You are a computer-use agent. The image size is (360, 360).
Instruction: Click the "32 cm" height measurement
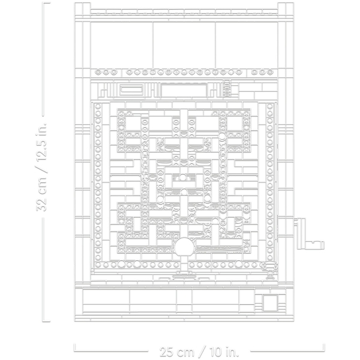pyautogui.click(x=41, y=194)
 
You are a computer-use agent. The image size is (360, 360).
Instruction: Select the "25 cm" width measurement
pyautogui.click(x=176, y=352)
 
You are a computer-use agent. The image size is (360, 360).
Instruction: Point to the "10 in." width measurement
pyautogui.click(x=224, y=352)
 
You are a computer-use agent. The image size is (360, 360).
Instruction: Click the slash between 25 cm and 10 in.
pyautogui.click(x=201, y=352)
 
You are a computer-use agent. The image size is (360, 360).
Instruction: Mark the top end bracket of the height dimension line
pyautogui.click(x=46, y=3)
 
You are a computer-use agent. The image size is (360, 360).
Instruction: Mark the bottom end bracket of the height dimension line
pyautogui.click(x=46, y=321)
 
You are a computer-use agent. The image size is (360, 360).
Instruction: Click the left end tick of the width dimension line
pyautogui.click(x=74, y=347)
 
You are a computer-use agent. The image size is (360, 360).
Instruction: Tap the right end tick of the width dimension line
pyautogui.click(x=323, y=347)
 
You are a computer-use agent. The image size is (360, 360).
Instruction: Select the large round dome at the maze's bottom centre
pyautogui.click(x=184, y=247)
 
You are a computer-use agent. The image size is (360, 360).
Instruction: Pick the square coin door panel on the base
pyautogui.click(x=270, y=303)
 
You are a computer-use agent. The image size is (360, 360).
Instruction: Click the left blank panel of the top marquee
pyautogui.click(x=121, y=45)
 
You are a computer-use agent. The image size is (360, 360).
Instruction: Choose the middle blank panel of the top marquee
pyautogui.click(x=184, y=45)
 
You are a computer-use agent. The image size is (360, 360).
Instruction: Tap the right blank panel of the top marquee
pyautogui.click(x=247, y=45)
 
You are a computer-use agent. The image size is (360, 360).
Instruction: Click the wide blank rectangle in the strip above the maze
pyautogui.click(x=184, y=91)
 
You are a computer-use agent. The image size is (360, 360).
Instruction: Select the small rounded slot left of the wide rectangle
pyautogui.click(x=131, y=90)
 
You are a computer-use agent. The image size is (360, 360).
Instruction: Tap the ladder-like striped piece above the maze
pyautogui.click(x=227, y=88)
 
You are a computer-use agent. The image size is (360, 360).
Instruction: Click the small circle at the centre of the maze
pyautogui.click(x=182, y=177)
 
